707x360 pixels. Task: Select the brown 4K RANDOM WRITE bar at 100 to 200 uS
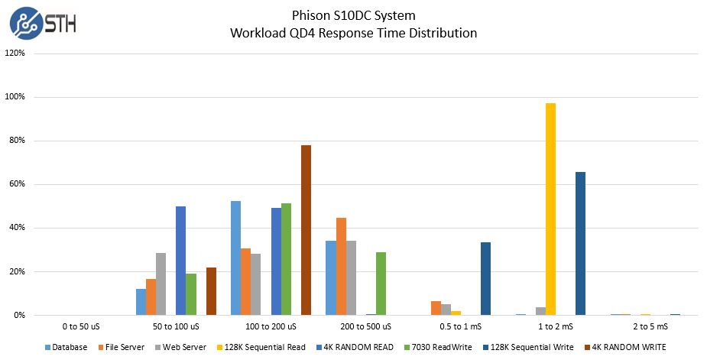click(306, 229)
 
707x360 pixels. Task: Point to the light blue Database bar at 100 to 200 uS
click(236, 258)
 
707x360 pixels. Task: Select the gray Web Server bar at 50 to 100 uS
click(161, 284)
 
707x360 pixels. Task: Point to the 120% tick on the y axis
click(15, 54)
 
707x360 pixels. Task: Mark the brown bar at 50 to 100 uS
click(211, 291)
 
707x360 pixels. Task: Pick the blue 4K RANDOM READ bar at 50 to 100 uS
click(181, 261)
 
